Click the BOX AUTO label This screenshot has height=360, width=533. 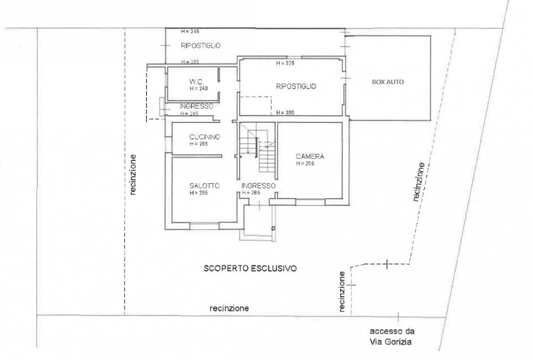[388, 82]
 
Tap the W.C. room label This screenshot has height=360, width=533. [196, 81]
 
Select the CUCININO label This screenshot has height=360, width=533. [205, 137]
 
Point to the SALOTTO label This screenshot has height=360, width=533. [204, 186]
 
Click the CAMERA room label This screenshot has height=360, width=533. [310, 156]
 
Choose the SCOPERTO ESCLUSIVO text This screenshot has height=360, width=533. [250, 268]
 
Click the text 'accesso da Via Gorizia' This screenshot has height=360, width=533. [392, 336]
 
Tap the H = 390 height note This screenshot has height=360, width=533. [285, 112]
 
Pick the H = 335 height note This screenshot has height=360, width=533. [285, 63]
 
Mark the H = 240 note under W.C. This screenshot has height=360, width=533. [198, 88]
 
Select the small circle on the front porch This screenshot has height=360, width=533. [272, 228]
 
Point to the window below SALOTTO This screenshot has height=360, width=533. [204, 226]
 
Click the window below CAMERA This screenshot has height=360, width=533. [310, 202]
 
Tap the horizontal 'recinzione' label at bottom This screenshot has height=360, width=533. [229, 308]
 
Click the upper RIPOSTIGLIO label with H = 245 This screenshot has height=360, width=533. [200, 45]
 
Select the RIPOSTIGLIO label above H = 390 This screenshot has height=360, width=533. [296, 86]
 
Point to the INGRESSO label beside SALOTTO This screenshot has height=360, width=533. [259, 186]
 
